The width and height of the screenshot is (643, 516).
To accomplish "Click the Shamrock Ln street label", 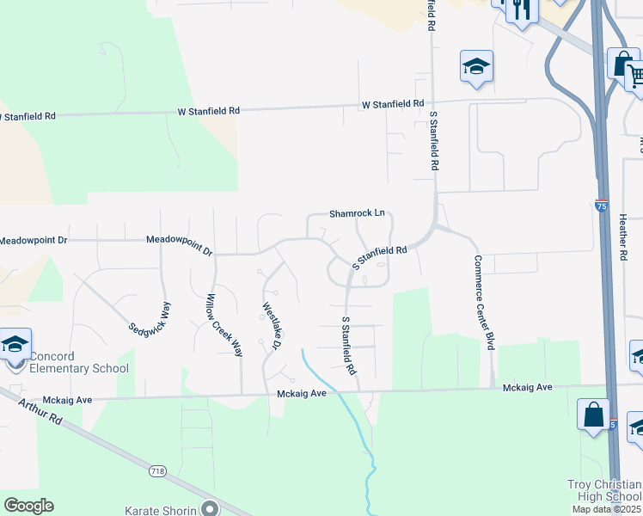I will (356, 213).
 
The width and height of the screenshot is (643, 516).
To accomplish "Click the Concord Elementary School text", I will (79, 363).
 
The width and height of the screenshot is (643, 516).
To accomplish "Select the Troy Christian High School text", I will (604, 491).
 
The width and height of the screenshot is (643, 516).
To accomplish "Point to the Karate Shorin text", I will (162, 510).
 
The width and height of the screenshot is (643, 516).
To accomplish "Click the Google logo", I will (28, 506).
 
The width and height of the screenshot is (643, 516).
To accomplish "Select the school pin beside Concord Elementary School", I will (15, 346).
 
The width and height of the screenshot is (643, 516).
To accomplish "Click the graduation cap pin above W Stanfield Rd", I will (476, 66).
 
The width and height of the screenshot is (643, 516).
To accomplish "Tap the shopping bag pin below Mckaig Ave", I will (594, 415).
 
